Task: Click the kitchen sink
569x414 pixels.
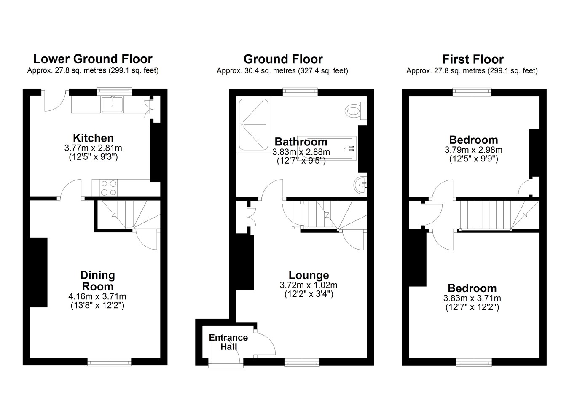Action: pyautogui.click(x=112, y=104)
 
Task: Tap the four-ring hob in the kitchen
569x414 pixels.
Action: pyautogui.click(x=109, y=188)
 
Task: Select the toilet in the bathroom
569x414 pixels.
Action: pyautogui.click(x=356, y=111)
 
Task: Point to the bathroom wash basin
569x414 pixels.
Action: pyautogui.click(x=360, y=185)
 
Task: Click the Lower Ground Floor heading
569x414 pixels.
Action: pyautogui.click(x=93, y=59)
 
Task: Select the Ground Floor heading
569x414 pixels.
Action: pyautogui.click(x=283, y=59)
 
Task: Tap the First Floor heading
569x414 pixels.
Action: pyautogui.click(x=473, y=59)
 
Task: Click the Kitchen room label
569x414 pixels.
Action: pyautogui.click(x=93, y=138)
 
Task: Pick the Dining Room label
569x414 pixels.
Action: pyautogui.click(x=97, y=281)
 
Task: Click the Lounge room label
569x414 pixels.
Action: pyautogui.click(x=309, y=275)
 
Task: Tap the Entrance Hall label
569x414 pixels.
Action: pyautogui.click(x=228, y=342)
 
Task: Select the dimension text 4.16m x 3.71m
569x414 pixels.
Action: pyautogui.click(x=97, y=296)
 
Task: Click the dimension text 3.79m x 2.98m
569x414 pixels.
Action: pyautogui.click(x=473, y=150)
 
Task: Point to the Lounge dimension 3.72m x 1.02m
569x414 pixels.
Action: pyautogui.click(x=309, y=285)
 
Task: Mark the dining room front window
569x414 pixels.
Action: pyautogui.click(x=110, y=362)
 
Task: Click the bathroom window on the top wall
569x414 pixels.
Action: pyautogui.click(x=300, y=92)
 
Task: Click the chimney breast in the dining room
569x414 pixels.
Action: pyautogui.click(x=39, y=272)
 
